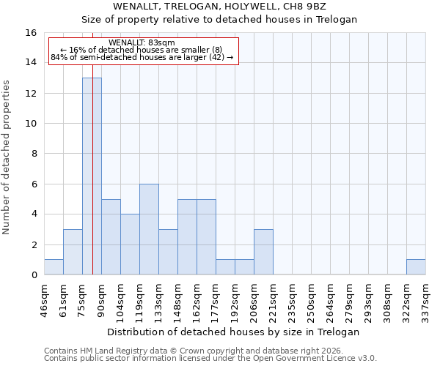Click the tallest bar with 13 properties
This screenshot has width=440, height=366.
point(92,176)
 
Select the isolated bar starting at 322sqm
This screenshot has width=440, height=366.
point(416,267)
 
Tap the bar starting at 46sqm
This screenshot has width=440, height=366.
point(54,267)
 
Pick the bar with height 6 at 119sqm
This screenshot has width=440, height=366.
point(149,229)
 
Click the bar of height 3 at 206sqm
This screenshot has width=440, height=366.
point(263,252)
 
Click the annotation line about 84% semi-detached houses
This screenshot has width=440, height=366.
point(142,57)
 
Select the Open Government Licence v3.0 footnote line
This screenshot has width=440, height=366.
point(210,359)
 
